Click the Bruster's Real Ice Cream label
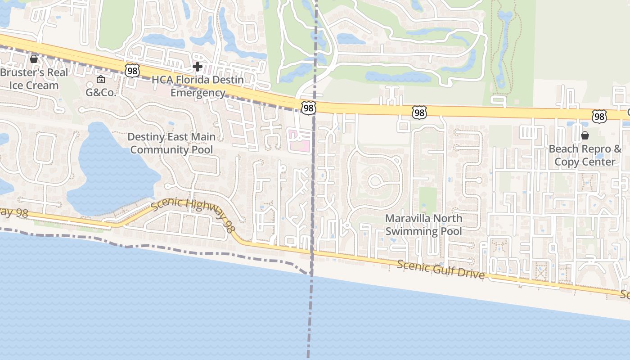35,79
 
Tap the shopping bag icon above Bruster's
33,59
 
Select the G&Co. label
101,93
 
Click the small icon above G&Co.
101,80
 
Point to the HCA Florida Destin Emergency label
198,86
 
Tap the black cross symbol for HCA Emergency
197,67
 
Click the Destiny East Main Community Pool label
171,143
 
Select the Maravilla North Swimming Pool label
423,225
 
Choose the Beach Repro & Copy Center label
585,155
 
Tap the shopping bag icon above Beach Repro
585,135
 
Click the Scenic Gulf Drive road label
441,269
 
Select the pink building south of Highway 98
299,140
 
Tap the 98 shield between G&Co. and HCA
132,70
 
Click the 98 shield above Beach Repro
599,117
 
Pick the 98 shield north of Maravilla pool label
419,112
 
